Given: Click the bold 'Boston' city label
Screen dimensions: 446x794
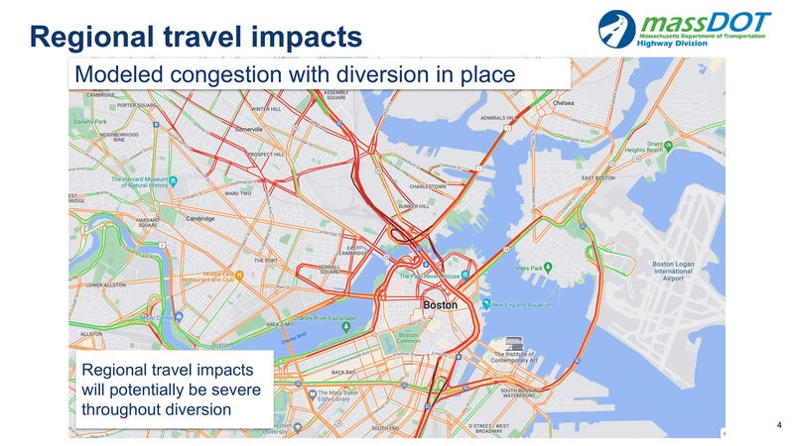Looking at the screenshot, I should (x=441, y=305).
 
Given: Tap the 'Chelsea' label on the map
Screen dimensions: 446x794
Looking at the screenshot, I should (x=564, y=102).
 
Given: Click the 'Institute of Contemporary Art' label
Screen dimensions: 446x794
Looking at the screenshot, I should (x=518, y=359).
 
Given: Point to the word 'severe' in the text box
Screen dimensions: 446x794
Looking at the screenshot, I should (x=235, y=390).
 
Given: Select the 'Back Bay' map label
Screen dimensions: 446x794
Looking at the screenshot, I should (x=343, y=372).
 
